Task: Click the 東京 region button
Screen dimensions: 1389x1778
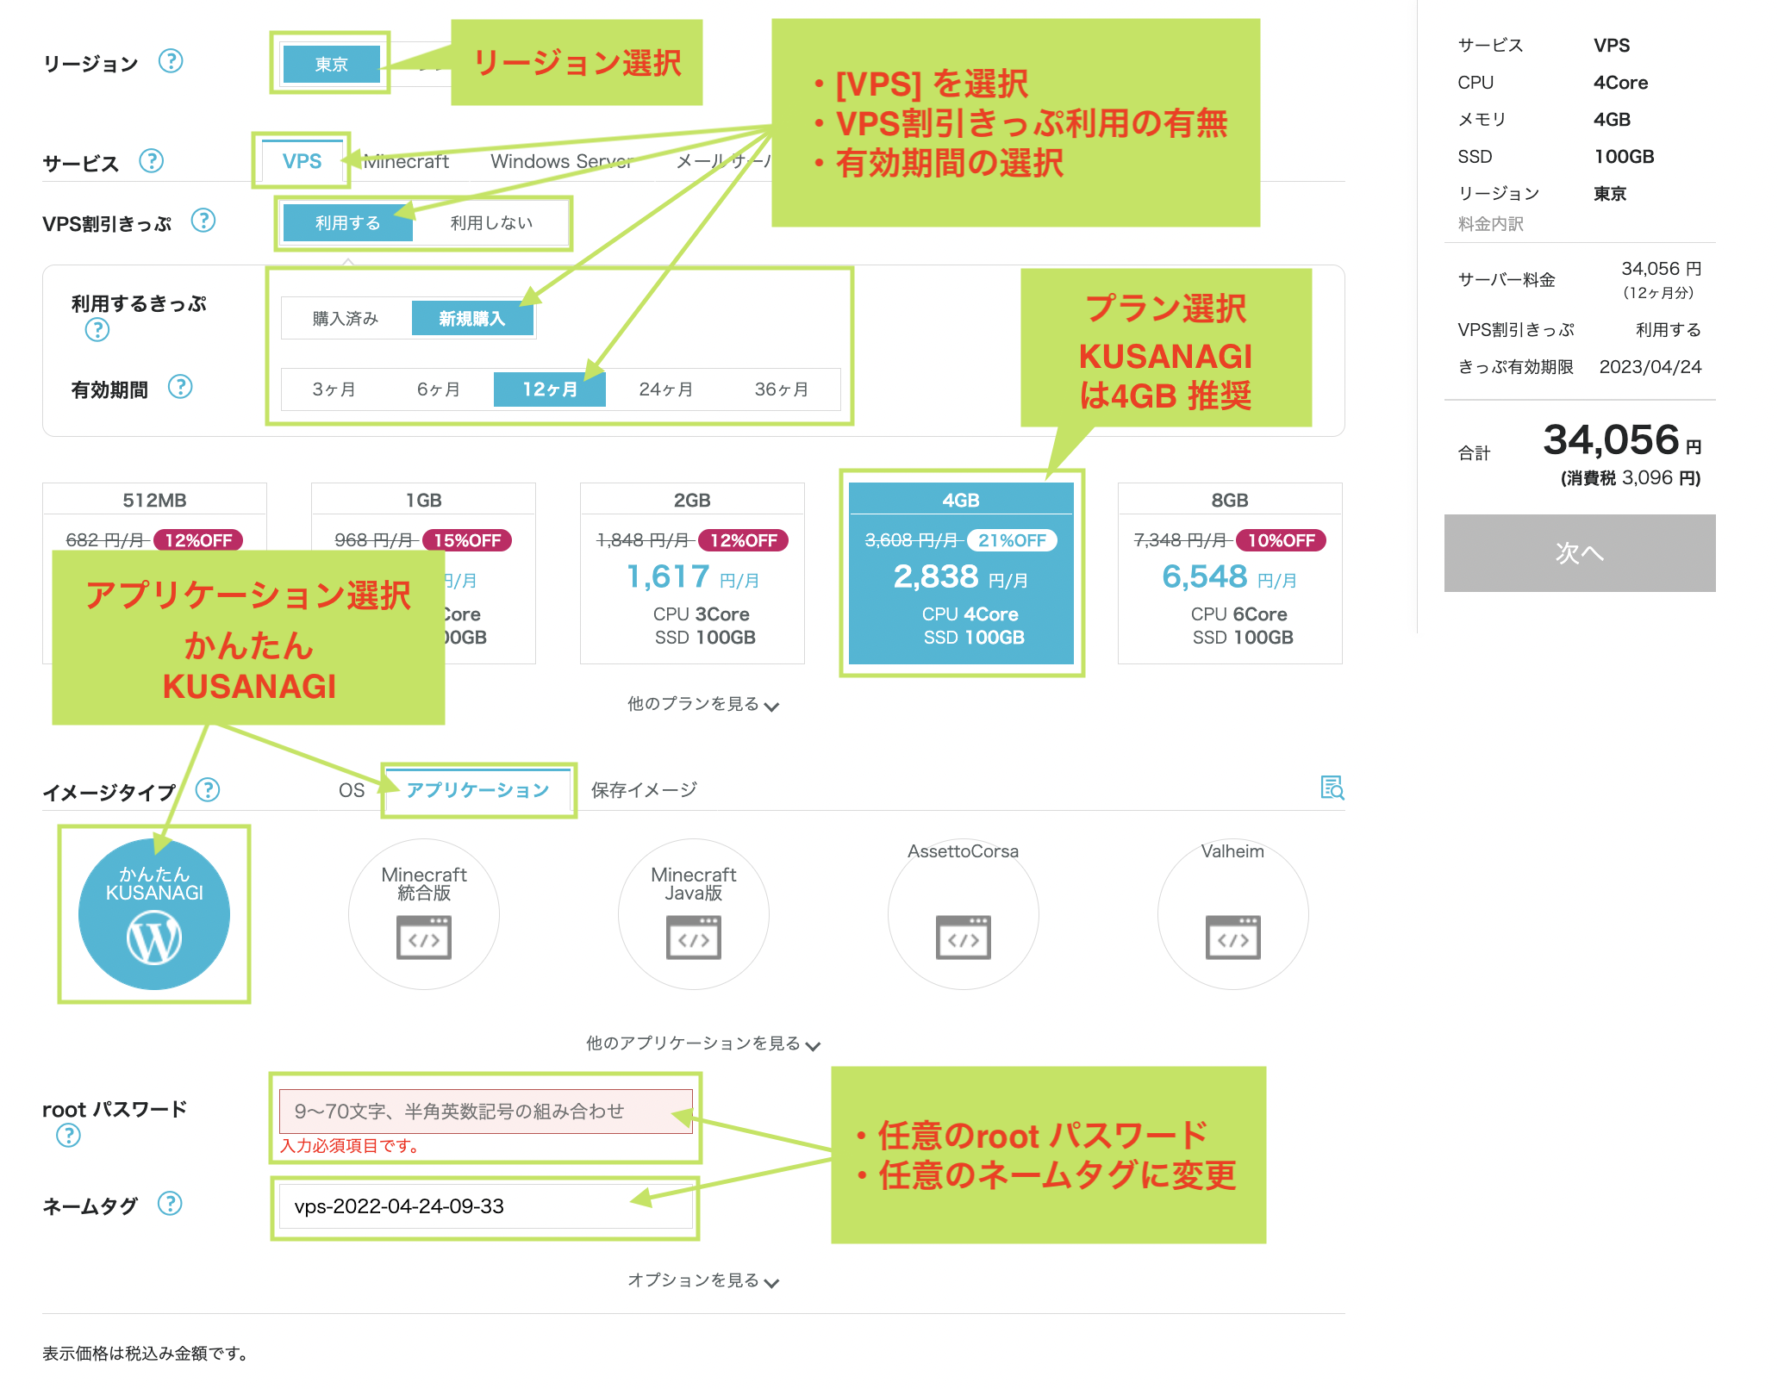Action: coord(331,65)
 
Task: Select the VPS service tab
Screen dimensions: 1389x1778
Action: coord(302,161)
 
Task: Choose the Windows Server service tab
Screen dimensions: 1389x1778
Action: coord(561,161)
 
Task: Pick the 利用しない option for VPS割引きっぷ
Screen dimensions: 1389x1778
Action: coord(491,223)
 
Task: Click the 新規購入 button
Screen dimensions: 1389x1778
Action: coord(471,319)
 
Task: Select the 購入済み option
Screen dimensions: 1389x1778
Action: coord(346,319)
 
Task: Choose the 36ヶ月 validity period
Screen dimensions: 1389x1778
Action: coord(781,389)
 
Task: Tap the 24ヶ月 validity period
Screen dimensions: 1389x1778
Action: coord(665,389)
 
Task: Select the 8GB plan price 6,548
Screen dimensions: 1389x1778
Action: coord(1204,576)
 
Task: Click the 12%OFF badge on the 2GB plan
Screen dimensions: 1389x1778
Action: coord(743,540)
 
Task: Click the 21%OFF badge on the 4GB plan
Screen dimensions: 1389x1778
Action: coord(1012,540)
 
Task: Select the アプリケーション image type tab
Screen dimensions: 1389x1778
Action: coord(477,790)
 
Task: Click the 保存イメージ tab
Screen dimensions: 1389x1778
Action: coord(644,790)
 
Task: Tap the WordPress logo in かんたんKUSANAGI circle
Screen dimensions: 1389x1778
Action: coord(154,938)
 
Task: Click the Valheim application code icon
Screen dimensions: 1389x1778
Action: coord(1232,937)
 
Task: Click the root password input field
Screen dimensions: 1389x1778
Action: coord(485,1112)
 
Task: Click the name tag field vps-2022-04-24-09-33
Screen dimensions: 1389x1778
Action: coord(485,1206)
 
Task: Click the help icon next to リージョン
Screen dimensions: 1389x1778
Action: coord(171,62)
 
